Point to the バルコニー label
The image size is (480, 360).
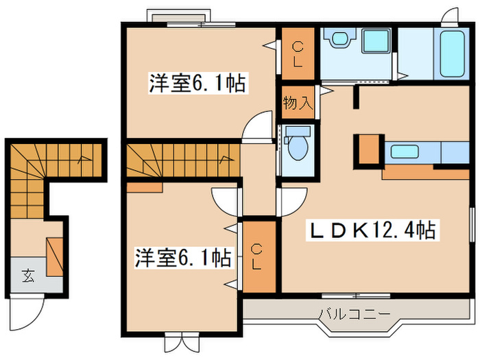pyautogui.click(x=354, y=315)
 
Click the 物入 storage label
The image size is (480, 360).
pyautogui.click(x=298, y=104)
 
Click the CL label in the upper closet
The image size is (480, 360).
pyautogui.click(x=298, y=53)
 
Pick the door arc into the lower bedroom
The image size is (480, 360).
pyautogui.click(x=225, y=201)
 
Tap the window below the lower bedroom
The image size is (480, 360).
pyautogui.click(x=181, y=340)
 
